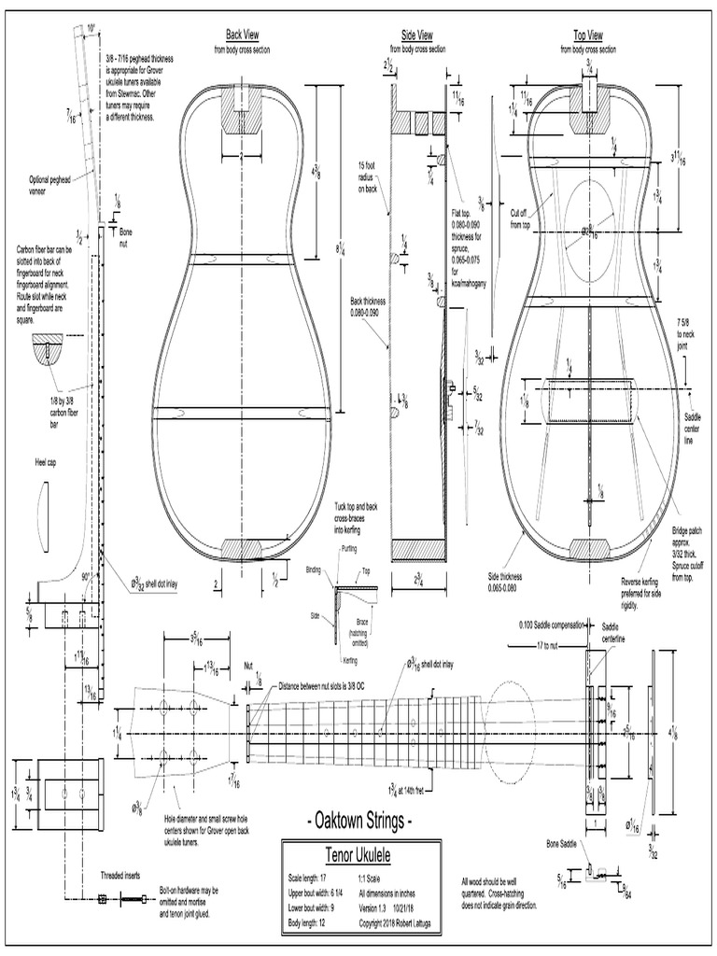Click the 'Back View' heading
tap(241, 35)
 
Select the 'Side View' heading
tap(416, 35)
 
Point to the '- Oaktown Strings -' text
tap(358, 822)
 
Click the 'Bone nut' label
tap(126, 237)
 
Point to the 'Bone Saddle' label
tap(568, 844)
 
